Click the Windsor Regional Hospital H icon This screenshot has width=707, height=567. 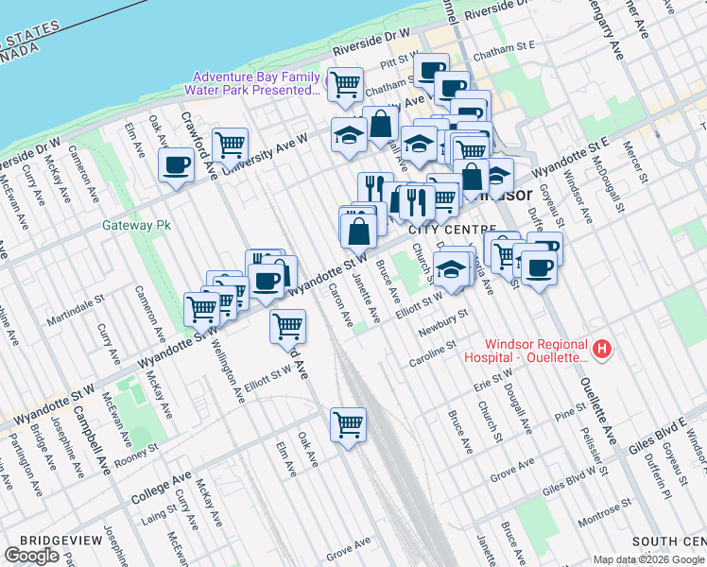click(x=602, y=349)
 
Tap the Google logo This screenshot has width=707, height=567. click(x=31, y=555)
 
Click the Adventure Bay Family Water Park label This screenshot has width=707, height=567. click(x=255, y=83)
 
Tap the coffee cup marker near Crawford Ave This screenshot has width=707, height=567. click(x=176, y=166)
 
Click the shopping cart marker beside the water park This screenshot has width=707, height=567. click(x=346, y=84)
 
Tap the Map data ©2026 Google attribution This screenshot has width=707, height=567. click(x=648, y=558)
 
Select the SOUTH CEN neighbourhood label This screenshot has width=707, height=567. click(x=669, y=541)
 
